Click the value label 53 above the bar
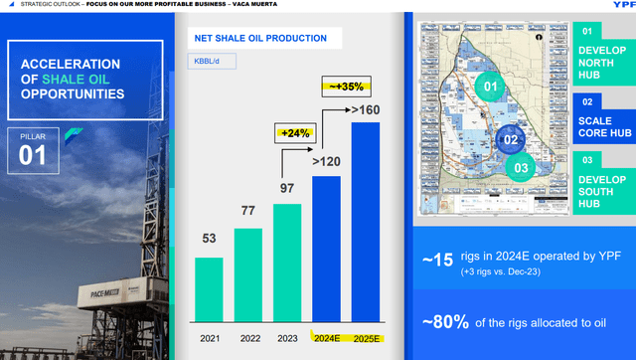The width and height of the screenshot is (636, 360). coord(209,240)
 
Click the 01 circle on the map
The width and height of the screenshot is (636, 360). coord(489,86)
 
